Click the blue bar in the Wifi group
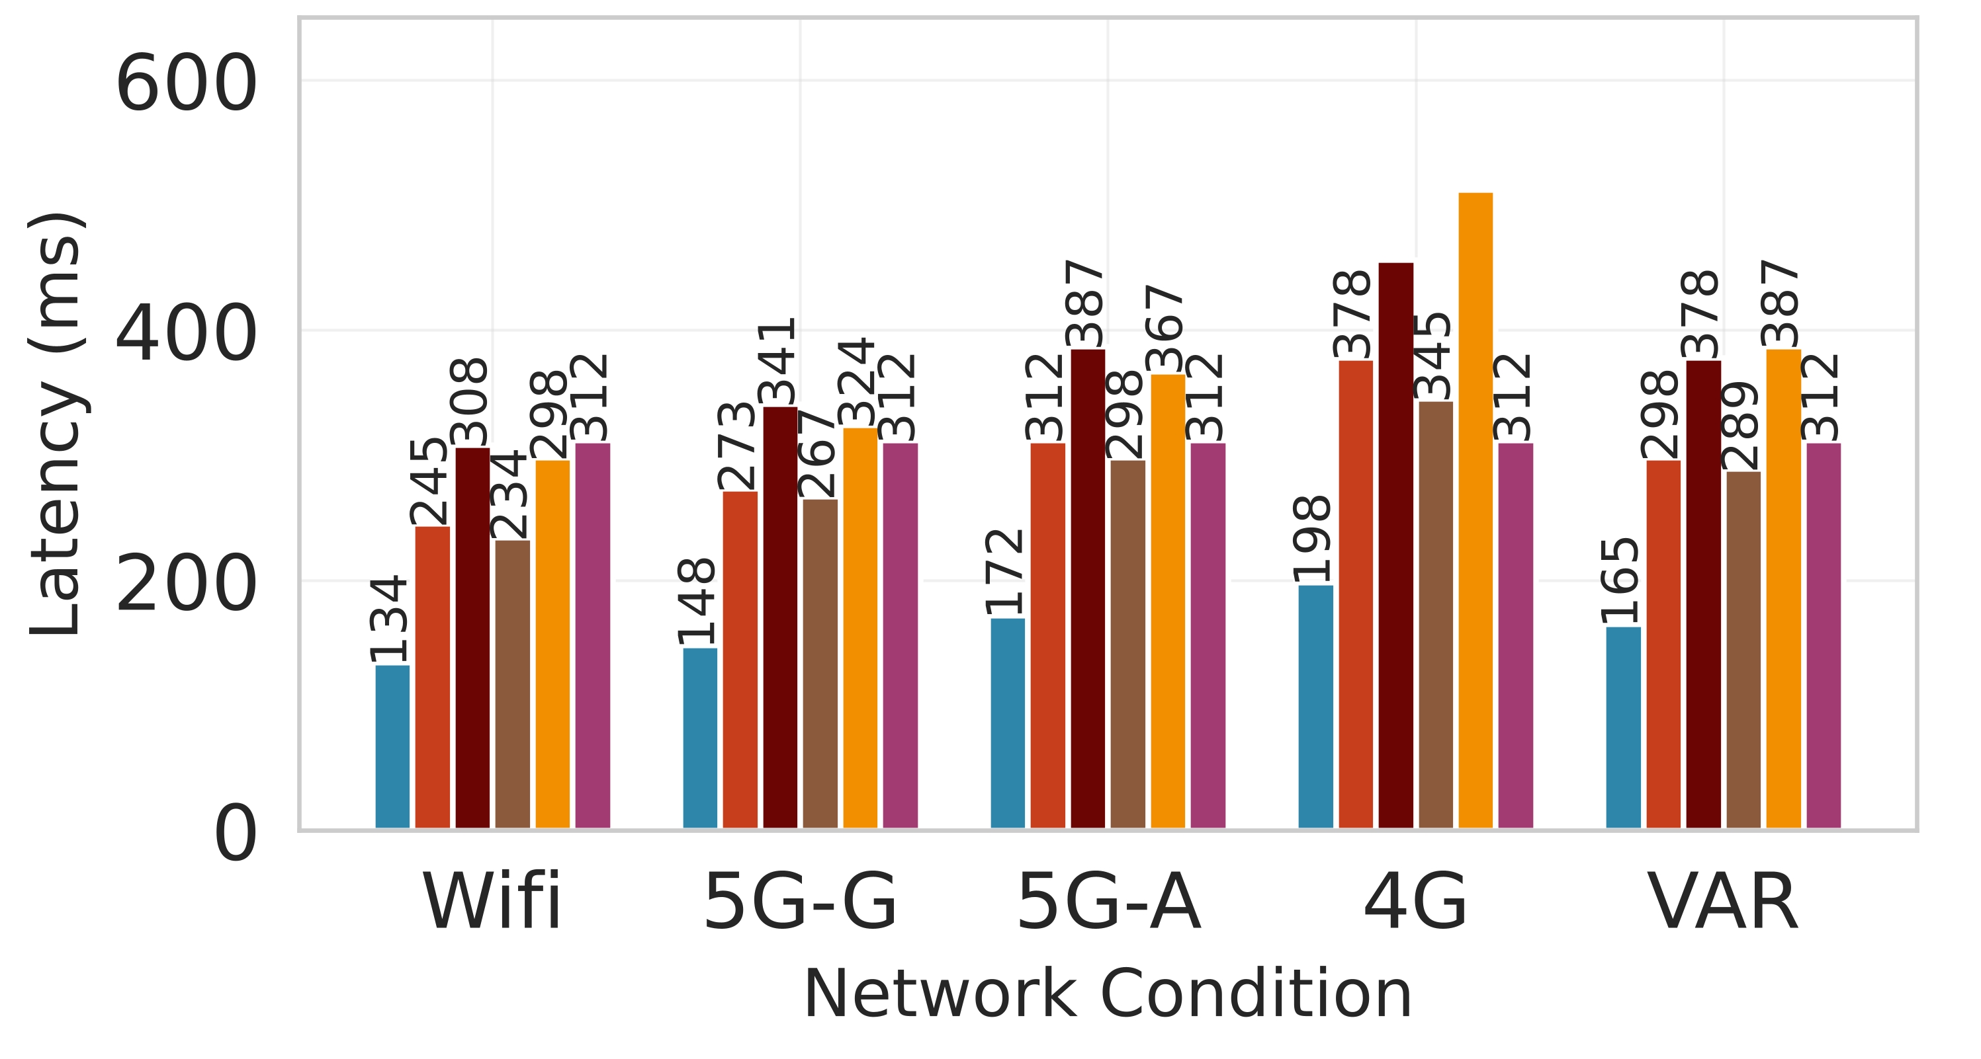[392, 747]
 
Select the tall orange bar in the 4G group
[1475, 511]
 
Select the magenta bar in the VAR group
[1823, 637]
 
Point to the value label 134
[388, 619]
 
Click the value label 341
[777, 361]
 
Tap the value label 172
[1004, 572]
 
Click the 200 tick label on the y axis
[185, 586]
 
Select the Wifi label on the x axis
[492, 903]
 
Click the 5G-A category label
[1108, 903]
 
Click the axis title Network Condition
[1108, 996]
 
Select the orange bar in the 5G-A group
[1167, 602]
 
